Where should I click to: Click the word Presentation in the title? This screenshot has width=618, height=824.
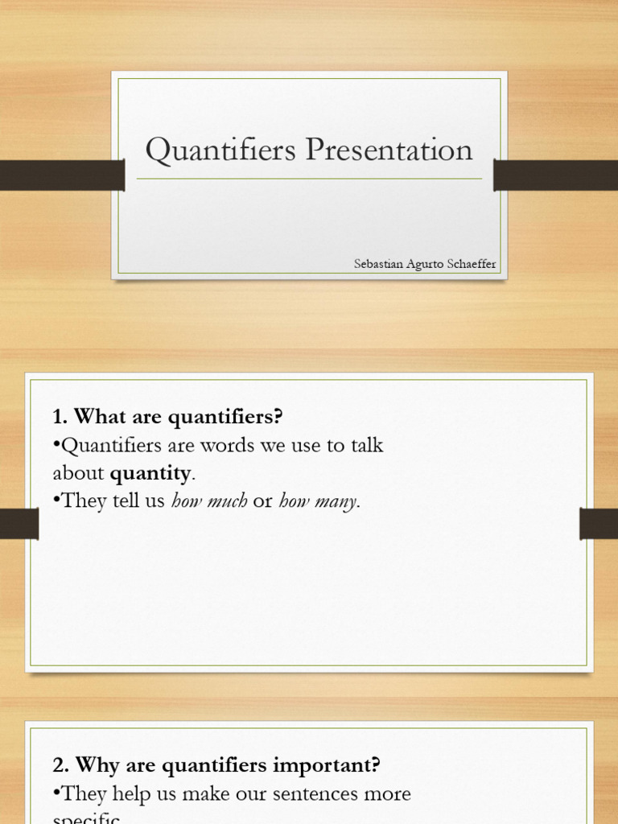pos(390,150)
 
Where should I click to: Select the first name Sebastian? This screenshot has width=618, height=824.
pos(377,264)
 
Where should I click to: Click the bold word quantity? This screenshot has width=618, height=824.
pos(150,472)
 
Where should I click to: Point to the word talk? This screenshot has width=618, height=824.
pos(366,445)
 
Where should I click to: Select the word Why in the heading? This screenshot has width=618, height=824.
pos(94,765)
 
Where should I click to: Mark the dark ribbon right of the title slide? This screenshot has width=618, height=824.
pos(555,175)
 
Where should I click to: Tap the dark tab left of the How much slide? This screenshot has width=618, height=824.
pos(19,524)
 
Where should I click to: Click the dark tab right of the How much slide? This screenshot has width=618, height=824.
pos(599,524)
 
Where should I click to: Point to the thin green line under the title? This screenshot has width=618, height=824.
pos(309,179)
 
